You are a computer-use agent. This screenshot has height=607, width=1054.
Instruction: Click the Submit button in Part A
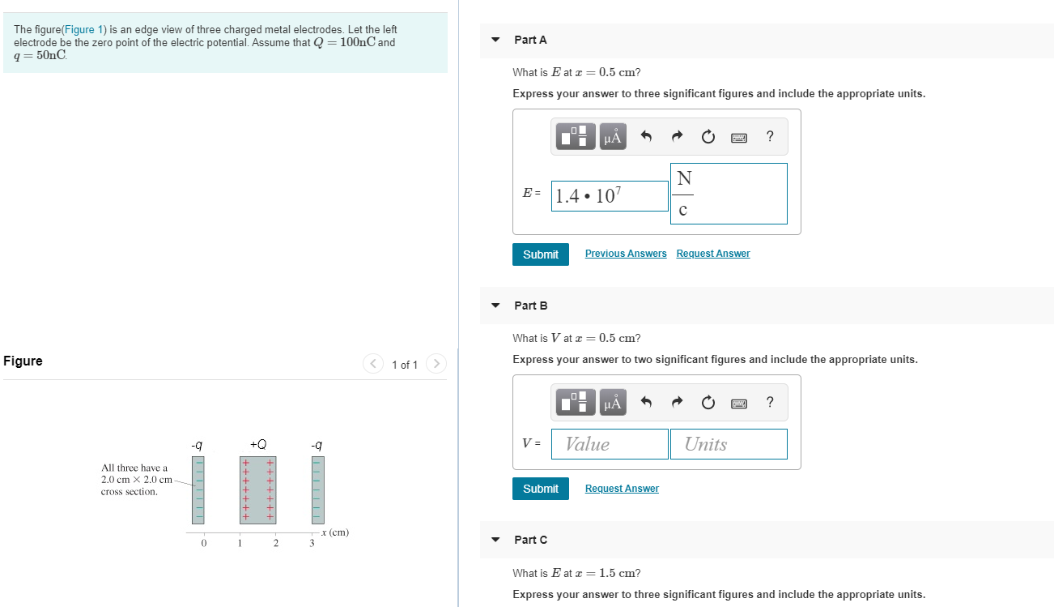coord(541,254)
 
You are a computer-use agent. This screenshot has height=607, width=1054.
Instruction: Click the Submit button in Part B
coord(541,489)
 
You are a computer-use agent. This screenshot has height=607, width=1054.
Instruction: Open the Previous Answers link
coord(626,254)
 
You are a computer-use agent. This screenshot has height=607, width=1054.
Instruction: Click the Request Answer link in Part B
coord(622,489)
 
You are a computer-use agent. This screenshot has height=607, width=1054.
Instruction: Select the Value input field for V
coord(610,444)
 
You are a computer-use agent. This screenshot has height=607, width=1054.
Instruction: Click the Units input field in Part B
coord(728,444)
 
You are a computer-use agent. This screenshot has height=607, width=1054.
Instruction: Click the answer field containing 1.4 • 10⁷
coord(610,196)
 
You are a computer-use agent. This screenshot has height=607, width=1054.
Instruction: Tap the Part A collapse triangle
coord(495,40)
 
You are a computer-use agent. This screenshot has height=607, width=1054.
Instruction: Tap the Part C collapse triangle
coord(495,540)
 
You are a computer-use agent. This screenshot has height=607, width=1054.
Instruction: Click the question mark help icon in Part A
coord(769,137)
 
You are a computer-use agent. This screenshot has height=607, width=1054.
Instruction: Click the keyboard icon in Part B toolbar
coord(738,403)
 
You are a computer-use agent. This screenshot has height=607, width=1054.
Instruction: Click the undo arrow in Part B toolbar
coord(646,403)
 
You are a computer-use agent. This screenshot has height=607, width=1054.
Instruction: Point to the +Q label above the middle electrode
coord(258,444)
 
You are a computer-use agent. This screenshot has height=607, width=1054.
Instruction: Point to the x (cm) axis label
coord(335,532)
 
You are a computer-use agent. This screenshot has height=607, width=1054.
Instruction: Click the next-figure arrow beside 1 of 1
coord(436,364)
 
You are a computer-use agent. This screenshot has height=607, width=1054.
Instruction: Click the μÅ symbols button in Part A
coord(613,137)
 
